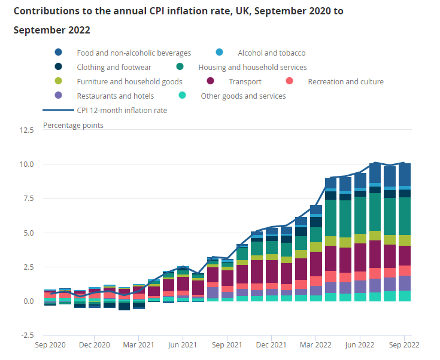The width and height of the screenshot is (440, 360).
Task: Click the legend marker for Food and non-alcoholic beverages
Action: coord(58,53)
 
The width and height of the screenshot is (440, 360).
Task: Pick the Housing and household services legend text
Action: coord(252,68)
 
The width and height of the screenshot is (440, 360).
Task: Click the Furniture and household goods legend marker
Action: coord(58,81)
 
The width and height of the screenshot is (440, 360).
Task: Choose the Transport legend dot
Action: coord(210,81)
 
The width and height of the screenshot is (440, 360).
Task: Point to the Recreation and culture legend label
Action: coord(345,81)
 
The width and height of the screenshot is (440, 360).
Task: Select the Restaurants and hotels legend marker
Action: coord(58,96)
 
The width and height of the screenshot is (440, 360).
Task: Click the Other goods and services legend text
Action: coord(242,96)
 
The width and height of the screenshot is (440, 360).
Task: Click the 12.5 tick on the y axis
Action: coord(26,130)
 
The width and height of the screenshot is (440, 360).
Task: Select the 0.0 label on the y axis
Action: coord(28,301)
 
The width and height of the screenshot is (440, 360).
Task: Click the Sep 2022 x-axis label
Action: coord(404,345)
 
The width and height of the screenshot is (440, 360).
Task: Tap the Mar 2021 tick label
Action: coord(138,345)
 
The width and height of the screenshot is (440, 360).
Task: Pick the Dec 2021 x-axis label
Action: coord(271,345)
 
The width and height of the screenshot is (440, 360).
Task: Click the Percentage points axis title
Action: coord(73,125)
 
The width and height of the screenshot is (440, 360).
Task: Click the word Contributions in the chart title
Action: coord(44,11)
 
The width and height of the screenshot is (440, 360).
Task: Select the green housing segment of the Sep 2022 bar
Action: coord(405,216)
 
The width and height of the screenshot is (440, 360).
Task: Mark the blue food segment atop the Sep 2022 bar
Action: coord(405,175)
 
